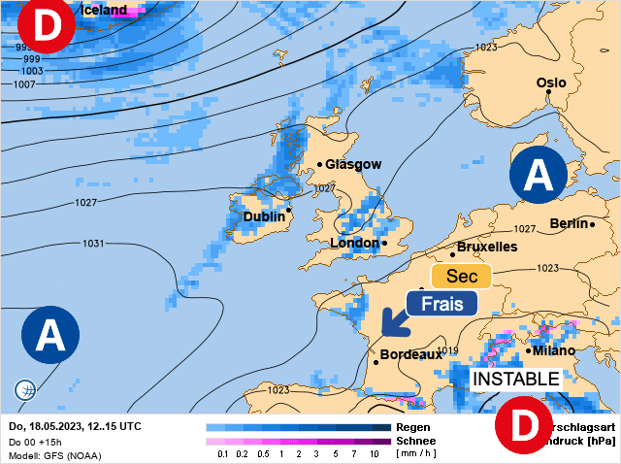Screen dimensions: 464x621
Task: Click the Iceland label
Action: (104, 10)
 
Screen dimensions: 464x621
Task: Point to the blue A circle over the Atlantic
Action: (49, 335)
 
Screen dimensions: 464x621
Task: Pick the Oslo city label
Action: (551, 83)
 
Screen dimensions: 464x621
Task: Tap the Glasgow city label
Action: (353, 165)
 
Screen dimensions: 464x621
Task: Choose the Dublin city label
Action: (264, 217)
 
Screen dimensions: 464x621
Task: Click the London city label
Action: (355, 243)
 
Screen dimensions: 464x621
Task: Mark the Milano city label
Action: (553, 350)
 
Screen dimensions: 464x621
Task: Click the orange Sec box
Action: (455, 278)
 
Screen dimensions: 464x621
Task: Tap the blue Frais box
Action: (441, 303)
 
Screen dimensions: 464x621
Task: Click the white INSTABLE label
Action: (515, 379)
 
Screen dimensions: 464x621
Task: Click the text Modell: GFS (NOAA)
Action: (54, 455)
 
